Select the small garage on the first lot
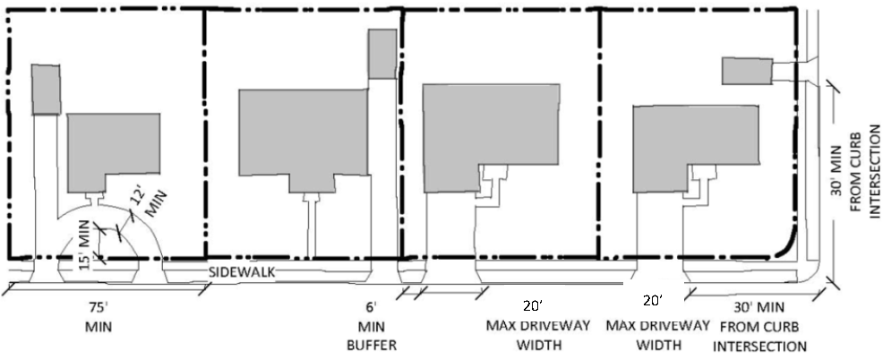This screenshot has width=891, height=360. coord(47,90)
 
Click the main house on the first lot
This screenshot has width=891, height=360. coord(113,153)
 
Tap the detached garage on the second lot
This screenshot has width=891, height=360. coord(382,53)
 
